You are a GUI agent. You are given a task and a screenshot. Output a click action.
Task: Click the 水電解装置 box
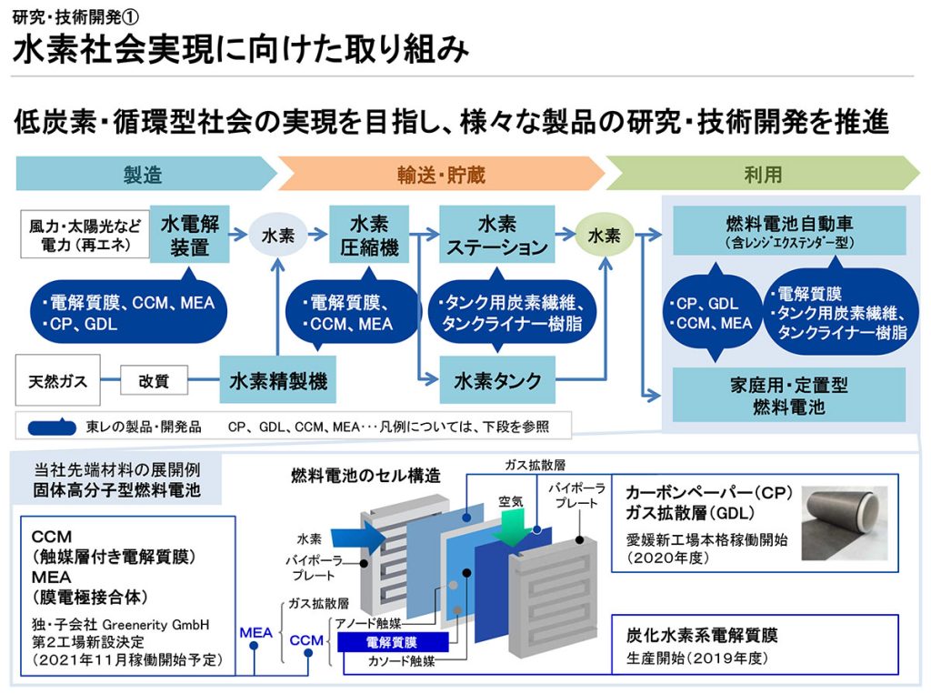(x=189, y=235)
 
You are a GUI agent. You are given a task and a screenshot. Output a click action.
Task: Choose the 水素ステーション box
(x=497, y=235)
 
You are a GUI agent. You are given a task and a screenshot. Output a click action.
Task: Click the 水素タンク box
(x=497, y=381)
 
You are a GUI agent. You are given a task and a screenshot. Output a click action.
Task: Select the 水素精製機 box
(x=278, y=381)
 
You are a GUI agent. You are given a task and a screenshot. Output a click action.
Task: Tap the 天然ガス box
(x=57, y=381)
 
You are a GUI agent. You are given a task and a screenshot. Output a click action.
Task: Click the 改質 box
(x=154, y=381)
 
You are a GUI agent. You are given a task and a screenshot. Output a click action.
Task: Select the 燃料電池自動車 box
(x=789, y=230)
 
